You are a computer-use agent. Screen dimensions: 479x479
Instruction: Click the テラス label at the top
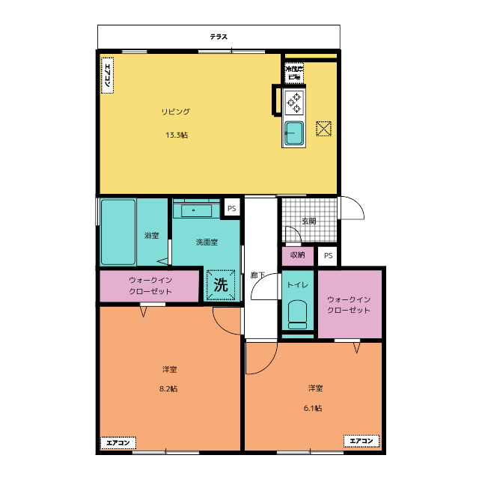(219, 37)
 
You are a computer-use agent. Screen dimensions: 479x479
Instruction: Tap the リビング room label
(176, 112)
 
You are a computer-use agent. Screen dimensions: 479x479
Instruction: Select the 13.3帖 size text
(177, 135)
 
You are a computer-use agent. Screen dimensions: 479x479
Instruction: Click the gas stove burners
(294, 103)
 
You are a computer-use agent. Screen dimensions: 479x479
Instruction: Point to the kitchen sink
(294, 133)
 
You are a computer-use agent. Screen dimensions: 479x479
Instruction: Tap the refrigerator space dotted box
(294, 73)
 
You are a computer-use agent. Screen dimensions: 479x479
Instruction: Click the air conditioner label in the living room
(107, 75)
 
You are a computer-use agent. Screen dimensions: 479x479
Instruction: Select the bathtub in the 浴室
(118, 232)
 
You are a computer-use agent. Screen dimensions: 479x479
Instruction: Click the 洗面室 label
(207, 242)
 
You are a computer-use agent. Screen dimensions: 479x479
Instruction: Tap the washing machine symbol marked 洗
(221, 284)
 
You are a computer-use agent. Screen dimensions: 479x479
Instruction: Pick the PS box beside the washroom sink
(232, 208)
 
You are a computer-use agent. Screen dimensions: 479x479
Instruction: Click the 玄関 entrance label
(308, 221)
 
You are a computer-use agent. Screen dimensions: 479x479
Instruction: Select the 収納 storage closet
(298, 255)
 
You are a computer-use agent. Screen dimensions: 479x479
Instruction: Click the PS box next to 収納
(328, 255)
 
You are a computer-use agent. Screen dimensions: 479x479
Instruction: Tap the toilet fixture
(297, 314)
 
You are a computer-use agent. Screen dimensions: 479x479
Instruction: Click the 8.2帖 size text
(168, 388)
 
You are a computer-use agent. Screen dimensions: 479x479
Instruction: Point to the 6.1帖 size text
(313, 408)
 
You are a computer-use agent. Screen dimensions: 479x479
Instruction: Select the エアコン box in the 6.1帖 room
(361, 441)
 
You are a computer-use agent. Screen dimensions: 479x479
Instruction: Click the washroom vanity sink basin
(196, 210)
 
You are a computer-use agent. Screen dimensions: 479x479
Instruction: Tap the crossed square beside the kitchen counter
(323, 129)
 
